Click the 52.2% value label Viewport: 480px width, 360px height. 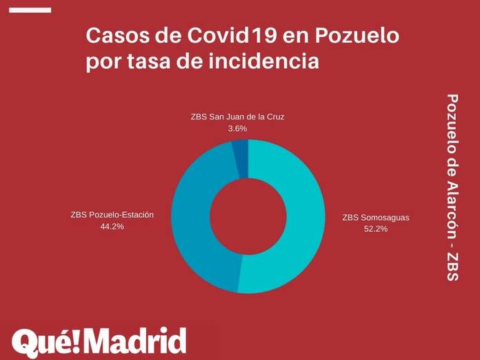[x=376, y=229]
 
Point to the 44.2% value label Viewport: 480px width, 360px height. [x=112, y=226]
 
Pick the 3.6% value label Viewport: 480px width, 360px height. [x=237, y=128]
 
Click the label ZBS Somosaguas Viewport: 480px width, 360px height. [x=376, y=217]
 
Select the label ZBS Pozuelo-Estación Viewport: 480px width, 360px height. [x=112, y=214]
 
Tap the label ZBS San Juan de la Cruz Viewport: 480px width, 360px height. [x=237, y=117]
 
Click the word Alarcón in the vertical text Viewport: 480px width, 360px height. [x=452, y=208]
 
